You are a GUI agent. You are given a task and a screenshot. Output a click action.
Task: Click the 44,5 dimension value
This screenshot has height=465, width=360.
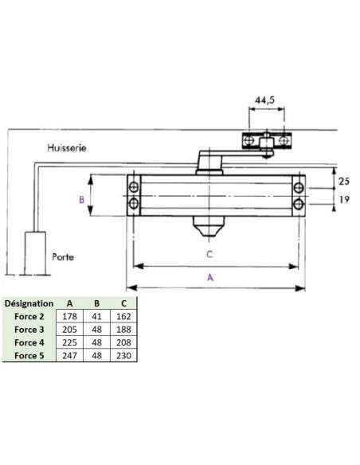point(264,100)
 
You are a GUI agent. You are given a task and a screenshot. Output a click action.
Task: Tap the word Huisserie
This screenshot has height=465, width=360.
point(67,147)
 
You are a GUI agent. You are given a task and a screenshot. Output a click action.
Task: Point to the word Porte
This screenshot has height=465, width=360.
point(63,257)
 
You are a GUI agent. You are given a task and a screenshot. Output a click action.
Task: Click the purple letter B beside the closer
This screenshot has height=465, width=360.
point(81,200)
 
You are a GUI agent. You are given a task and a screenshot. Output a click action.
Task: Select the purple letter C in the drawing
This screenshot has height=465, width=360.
point(209,255)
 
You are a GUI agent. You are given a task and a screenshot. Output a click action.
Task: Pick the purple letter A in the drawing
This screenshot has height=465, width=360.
point(210,278)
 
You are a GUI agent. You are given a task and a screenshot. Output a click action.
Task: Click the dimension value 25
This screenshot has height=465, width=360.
point(344,181)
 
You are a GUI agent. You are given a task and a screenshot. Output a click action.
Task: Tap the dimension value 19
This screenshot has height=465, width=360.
point(344,199)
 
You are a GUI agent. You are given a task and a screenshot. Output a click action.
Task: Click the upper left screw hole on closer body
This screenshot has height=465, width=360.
point(134,187)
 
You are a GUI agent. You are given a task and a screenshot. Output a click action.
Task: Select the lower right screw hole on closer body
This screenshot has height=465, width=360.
point(299,204)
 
